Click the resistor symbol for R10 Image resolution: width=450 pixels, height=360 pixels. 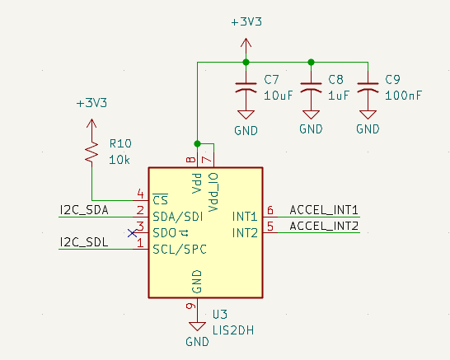tap(91, 153)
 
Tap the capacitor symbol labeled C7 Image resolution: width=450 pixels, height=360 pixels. tap(246, 87)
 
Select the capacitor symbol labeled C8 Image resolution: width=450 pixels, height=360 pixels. tap(311, 87)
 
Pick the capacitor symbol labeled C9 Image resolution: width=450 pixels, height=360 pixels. tap(368, 87)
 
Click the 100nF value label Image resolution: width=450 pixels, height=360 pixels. tap(403, 96)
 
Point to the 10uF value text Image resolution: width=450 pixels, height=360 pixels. tap(278, 96)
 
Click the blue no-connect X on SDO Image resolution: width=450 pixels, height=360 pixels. tap(132, 233)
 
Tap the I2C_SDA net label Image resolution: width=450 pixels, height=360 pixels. tap(84, 210)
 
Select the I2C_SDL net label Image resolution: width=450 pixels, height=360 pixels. tap(84, 242)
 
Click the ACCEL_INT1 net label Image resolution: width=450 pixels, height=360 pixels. tap(324, 210)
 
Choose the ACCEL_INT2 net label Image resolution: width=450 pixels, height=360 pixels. tap(324, 226)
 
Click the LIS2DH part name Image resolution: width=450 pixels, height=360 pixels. tap(233, 330)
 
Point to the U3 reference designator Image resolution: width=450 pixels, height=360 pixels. tap(220, 315)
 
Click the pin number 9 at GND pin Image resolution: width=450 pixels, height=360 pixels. tap(191, 306)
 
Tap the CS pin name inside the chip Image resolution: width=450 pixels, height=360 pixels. tap(161, 199)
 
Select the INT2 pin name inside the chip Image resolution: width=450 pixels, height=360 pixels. tap(245, 233)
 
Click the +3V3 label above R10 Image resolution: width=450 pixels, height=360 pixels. tap(91, 103)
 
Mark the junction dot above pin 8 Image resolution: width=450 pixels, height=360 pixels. tap(198, 143)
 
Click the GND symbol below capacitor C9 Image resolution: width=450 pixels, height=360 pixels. tap(368, 115)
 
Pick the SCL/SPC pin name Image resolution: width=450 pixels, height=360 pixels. tap(180, 250)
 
